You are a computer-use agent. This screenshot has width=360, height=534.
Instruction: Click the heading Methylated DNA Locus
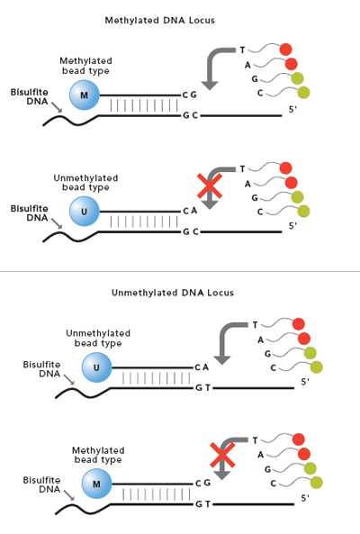click(x=159, y=21)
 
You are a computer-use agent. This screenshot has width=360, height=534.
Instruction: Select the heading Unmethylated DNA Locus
click(x=173, y=293)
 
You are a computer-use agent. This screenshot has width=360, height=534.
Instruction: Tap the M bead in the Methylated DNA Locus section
click(x=85, y=95)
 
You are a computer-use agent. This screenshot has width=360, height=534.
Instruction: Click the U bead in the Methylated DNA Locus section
click(x=85, y=211)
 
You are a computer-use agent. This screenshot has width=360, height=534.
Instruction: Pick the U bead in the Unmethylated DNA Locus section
click(x=96, y=367)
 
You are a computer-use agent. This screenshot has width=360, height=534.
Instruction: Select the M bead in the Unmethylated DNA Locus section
click(x=96, y=484)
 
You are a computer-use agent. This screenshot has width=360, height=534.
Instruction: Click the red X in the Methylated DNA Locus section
click(x=210, y=186)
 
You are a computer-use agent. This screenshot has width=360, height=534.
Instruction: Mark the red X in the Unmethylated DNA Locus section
click(x=222, y=455)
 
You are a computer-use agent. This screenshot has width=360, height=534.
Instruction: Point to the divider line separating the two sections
click(x=180, y=271)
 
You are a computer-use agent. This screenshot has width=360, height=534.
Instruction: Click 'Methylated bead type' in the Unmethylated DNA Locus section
click(x=98, y=455)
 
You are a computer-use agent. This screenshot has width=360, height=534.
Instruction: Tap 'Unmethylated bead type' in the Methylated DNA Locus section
click(x=85, y=183)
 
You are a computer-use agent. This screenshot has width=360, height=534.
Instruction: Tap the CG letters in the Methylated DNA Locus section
click(x=190, y=95)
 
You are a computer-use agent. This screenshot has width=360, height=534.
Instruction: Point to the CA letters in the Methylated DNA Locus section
click(x=190, y=211)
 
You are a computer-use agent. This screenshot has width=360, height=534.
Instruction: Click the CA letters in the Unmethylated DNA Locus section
click(x=202, y=367)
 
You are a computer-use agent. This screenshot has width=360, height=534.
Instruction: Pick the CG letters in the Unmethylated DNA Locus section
click(x=202, y=483)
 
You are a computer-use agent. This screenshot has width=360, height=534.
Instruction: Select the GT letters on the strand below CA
click(x=203, y=387)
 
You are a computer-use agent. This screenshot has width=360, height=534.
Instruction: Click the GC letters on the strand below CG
click(x=190, y=115)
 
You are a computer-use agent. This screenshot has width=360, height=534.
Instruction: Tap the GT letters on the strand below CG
click(x=203, y=503)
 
